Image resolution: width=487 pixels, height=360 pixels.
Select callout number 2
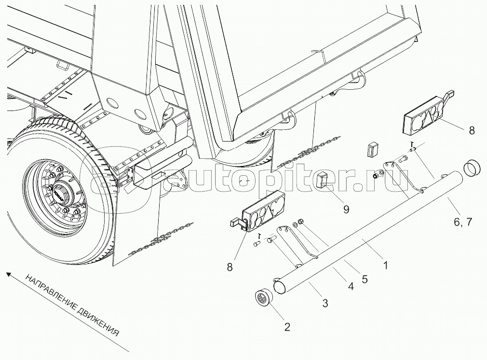tap(287, 327)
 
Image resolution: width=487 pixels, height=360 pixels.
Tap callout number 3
tap(325, 303)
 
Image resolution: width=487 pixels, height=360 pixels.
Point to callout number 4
tap(351, 287)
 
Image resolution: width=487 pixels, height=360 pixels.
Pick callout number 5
tap(365, 278)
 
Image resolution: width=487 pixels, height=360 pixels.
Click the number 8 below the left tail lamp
tap(230, 266)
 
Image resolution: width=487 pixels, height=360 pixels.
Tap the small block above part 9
tap(372, 149)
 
